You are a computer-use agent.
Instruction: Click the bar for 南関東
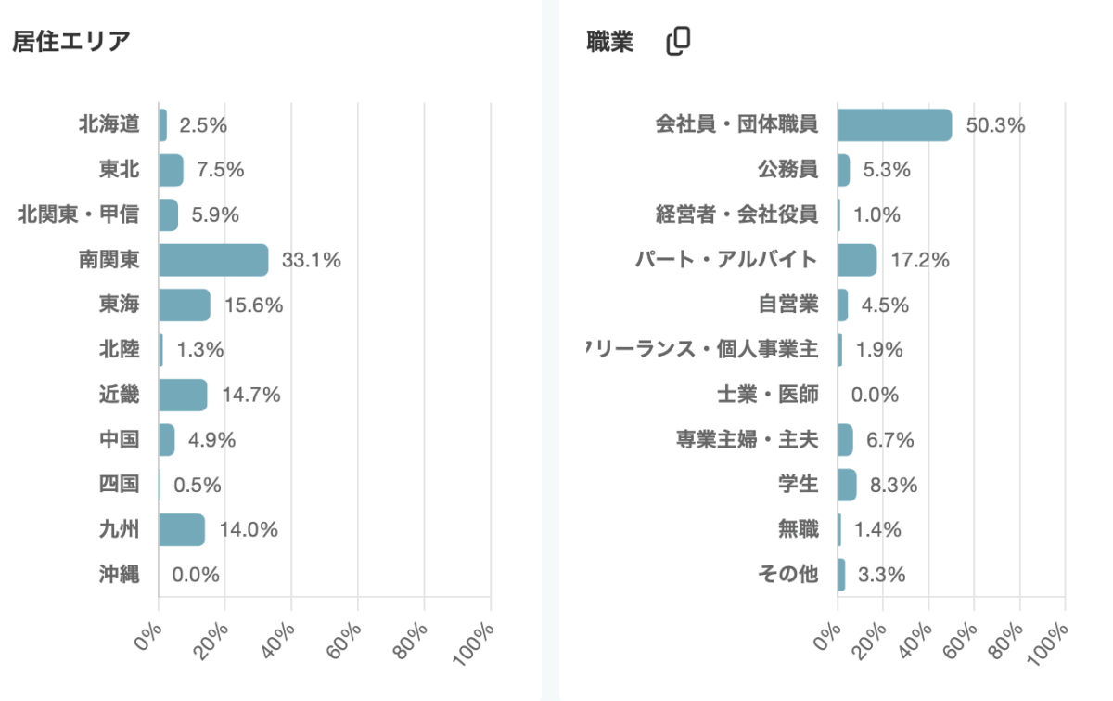tap(213, 260)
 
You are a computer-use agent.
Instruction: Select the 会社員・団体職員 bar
tap(894, 124)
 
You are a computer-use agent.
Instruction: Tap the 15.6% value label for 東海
tap(254, 305)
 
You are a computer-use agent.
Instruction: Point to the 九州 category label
tap(119, 530)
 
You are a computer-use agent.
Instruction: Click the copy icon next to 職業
tap(679, 41)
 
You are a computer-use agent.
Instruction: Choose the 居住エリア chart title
tap(70, 42)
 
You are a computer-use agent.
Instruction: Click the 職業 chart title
tap(609, 42)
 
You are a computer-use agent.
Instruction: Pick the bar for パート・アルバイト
tap(857, 260)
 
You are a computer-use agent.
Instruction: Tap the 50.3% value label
tap(995, 125)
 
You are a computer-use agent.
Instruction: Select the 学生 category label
tap(798, 485)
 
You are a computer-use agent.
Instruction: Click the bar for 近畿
tap(183, 395)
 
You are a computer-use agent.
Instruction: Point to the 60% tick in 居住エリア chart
tap(348, 635)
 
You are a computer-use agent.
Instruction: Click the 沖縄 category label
tap(119, 575)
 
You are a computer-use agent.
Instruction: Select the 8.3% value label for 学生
tap(893, 485)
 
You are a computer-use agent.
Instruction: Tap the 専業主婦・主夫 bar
tap(845, 440)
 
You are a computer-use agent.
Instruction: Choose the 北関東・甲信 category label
tap(79, 214)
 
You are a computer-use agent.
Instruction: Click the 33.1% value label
tap(311, 261)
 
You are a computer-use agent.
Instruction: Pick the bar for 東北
tap(171, 170)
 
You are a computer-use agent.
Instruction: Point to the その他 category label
tap(787, 575)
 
